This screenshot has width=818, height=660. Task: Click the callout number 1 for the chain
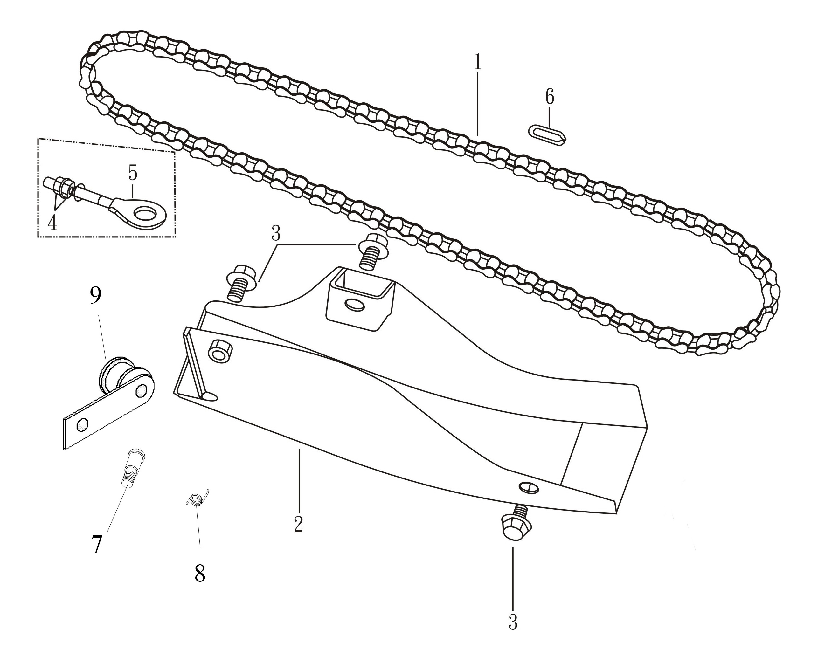pyautogui.click(x=477, y=63)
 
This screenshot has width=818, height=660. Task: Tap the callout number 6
pyautogui.click(x=550, y=97)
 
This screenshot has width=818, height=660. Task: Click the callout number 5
pyautogui.click(x=132, y=173)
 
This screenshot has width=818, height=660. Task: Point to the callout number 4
pyautogui.click(x=52, y=223)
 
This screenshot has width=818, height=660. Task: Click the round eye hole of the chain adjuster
pyautogui.click(x=145, y=213)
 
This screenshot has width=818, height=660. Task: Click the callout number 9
pyautogui.click(x=96, y=295)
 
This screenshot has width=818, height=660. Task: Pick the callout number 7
pyautogui.click(x=97, y=544)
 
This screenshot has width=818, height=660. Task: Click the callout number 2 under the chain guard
pyautogui.click(x=299, y=524)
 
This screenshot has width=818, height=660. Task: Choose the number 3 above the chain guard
pyautogui.click(x=276, y=233)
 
